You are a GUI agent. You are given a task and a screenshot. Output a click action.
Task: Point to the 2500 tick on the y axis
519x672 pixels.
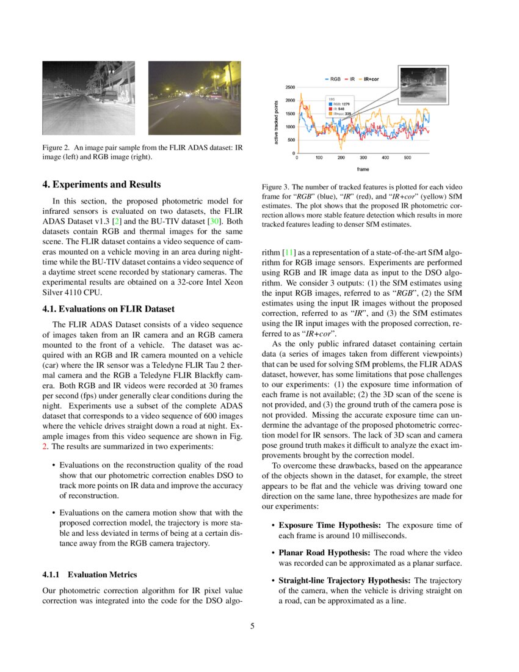click(x=289, y=87)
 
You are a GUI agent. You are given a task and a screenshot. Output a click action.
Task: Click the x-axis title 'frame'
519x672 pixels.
click(x=363, y=169)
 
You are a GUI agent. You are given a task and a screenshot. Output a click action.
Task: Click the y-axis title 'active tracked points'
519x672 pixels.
click(x=277, y=122)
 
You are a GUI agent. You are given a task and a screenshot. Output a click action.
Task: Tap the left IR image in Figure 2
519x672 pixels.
click(x=88, y=98)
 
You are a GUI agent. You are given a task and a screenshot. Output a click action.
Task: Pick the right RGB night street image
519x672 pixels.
click(x=194, y=98)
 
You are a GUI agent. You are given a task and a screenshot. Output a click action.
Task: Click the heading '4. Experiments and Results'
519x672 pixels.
click(x=102, y=184)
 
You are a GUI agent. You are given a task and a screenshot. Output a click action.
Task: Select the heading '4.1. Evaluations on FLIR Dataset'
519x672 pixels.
click(x=108, y=309)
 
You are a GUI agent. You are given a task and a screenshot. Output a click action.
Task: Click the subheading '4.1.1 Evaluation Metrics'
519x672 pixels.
click(x=90, y=575)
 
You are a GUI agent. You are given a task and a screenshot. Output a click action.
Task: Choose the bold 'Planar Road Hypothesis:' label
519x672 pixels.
click(x=325, y=553)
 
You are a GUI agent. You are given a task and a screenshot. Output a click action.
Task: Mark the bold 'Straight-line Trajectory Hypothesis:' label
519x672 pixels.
click(x=345, y=580)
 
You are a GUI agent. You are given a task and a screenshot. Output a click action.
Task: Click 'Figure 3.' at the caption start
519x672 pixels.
click(x=275, y=186)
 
